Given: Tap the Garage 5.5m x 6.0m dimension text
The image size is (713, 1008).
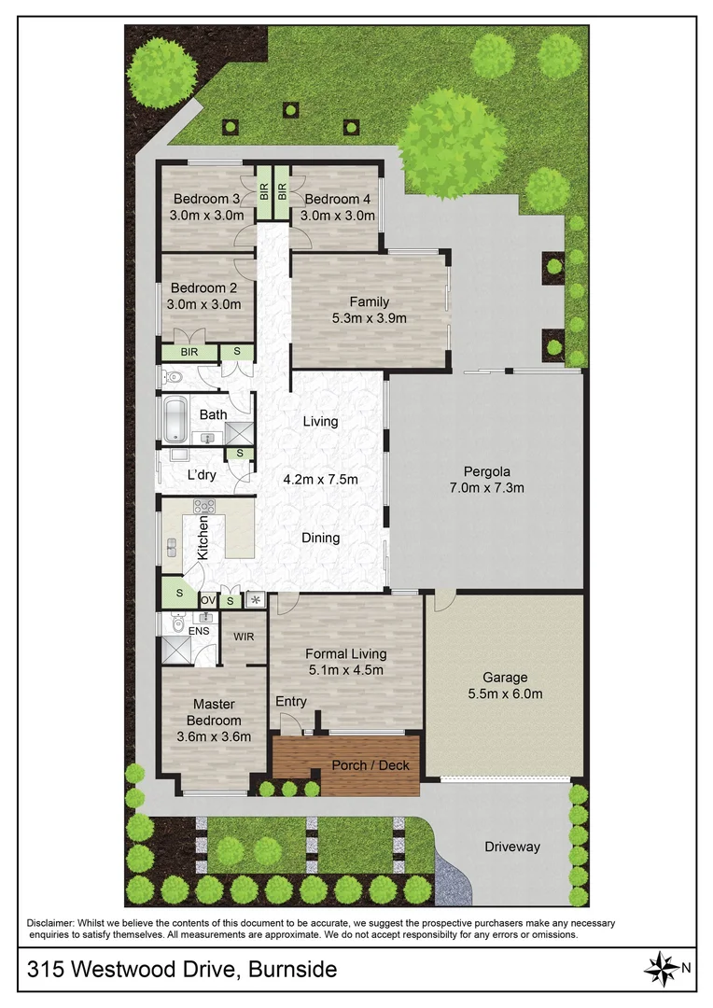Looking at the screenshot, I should point(505,693).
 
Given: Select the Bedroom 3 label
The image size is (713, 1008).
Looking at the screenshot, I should point(206,199).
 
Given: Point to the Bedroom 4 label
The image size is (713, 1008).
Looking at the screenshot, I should point(337,199).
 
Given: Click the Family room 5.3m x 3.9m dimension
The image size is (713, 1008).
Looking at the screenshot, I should point(369,317).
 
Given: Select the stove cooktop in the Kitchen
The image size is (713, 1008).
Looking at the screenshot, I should point(204,507).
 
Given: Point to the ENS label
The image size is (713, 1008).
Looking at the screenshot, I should point(199,631).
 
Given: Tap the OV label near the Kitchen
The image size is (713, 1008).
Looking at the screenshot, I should point(207,600).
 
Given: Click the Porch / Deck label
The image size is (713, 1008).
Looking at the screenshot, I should point(370,765).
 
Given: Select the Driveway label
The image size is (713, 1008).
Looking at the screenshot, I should point(511,847).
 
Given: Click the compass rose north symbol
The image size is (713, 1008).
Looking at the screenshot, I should point(665,968).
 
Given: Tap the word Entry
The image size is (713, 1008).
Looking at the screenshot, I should point(290,702).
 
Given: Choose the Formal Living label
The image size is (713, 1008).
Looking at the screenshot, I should point(345,653).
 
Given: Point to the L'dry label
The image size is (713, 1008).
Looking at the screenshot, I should point(203,475).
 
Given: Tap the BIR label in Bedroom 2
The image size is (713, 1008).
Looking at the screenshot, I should point(189,353).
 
